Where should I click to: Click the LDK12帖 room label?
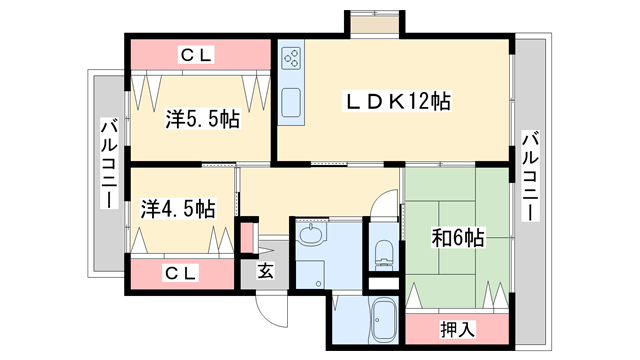396,101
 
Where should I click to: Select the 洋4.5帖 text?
178,209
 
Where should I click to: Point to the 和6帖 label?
458,238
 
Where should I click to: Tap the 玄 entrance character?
266,270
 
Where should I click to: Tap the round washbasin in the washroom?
311,236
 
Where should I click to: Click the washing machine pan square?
312,275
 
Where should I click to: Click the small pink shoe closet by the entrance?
247,238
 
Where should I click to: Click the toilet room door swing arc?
383,205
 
